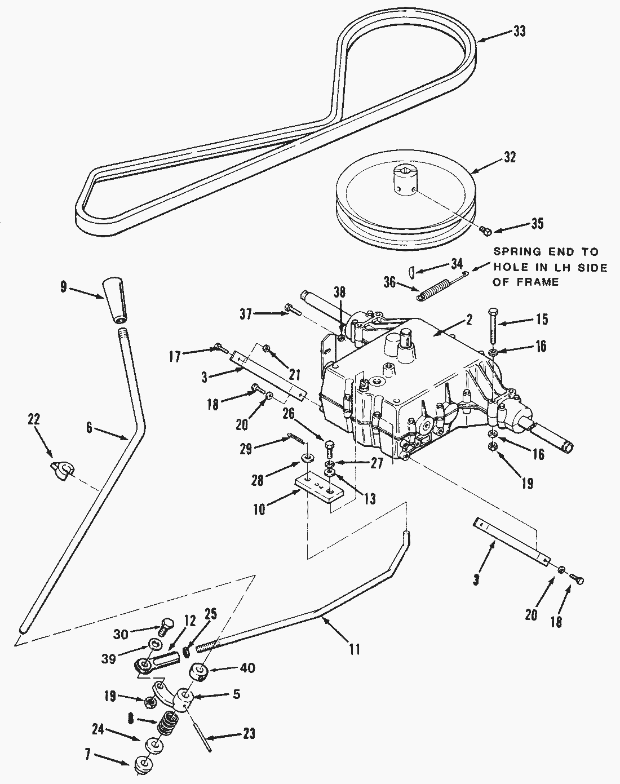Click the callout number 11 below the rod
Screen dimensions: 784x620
tap(353, 649)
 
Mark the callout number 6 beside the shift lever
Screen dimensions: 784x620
tap(89, 428)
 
